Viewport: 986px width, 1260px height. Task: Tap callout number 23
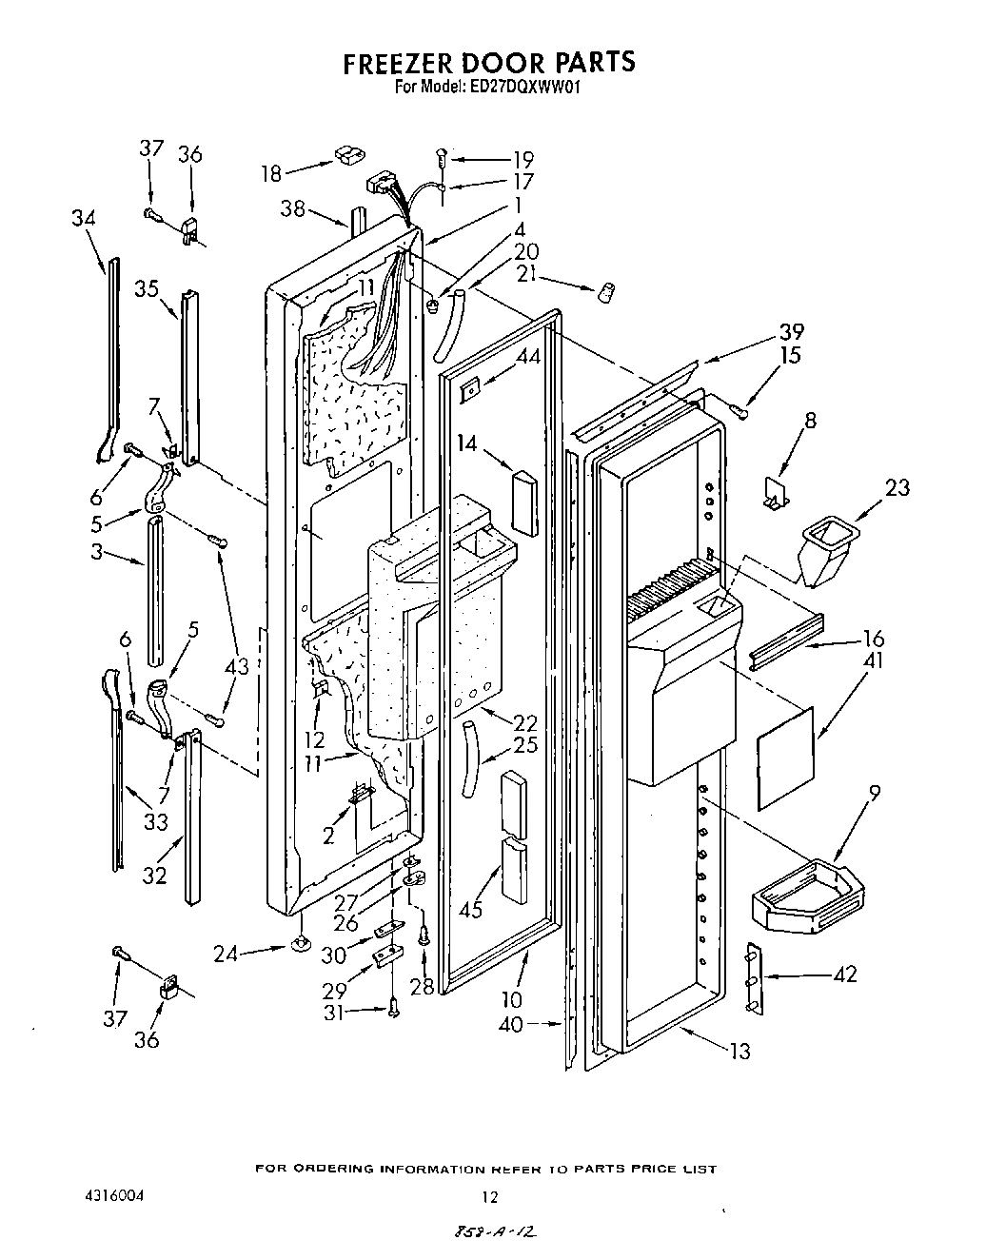pos(897,488)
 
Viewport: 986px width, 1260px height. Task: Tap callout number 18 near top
pos(271,173)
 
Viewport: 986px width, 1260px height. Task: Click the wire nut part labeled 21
pos(602,292)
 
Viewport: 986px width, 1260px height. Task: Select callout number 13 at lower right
pos(739,1051)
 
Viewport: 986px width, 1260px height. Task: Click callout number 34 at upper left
pos(84,218)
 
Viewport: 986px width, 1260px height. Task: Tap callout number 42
pos(844,974)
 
